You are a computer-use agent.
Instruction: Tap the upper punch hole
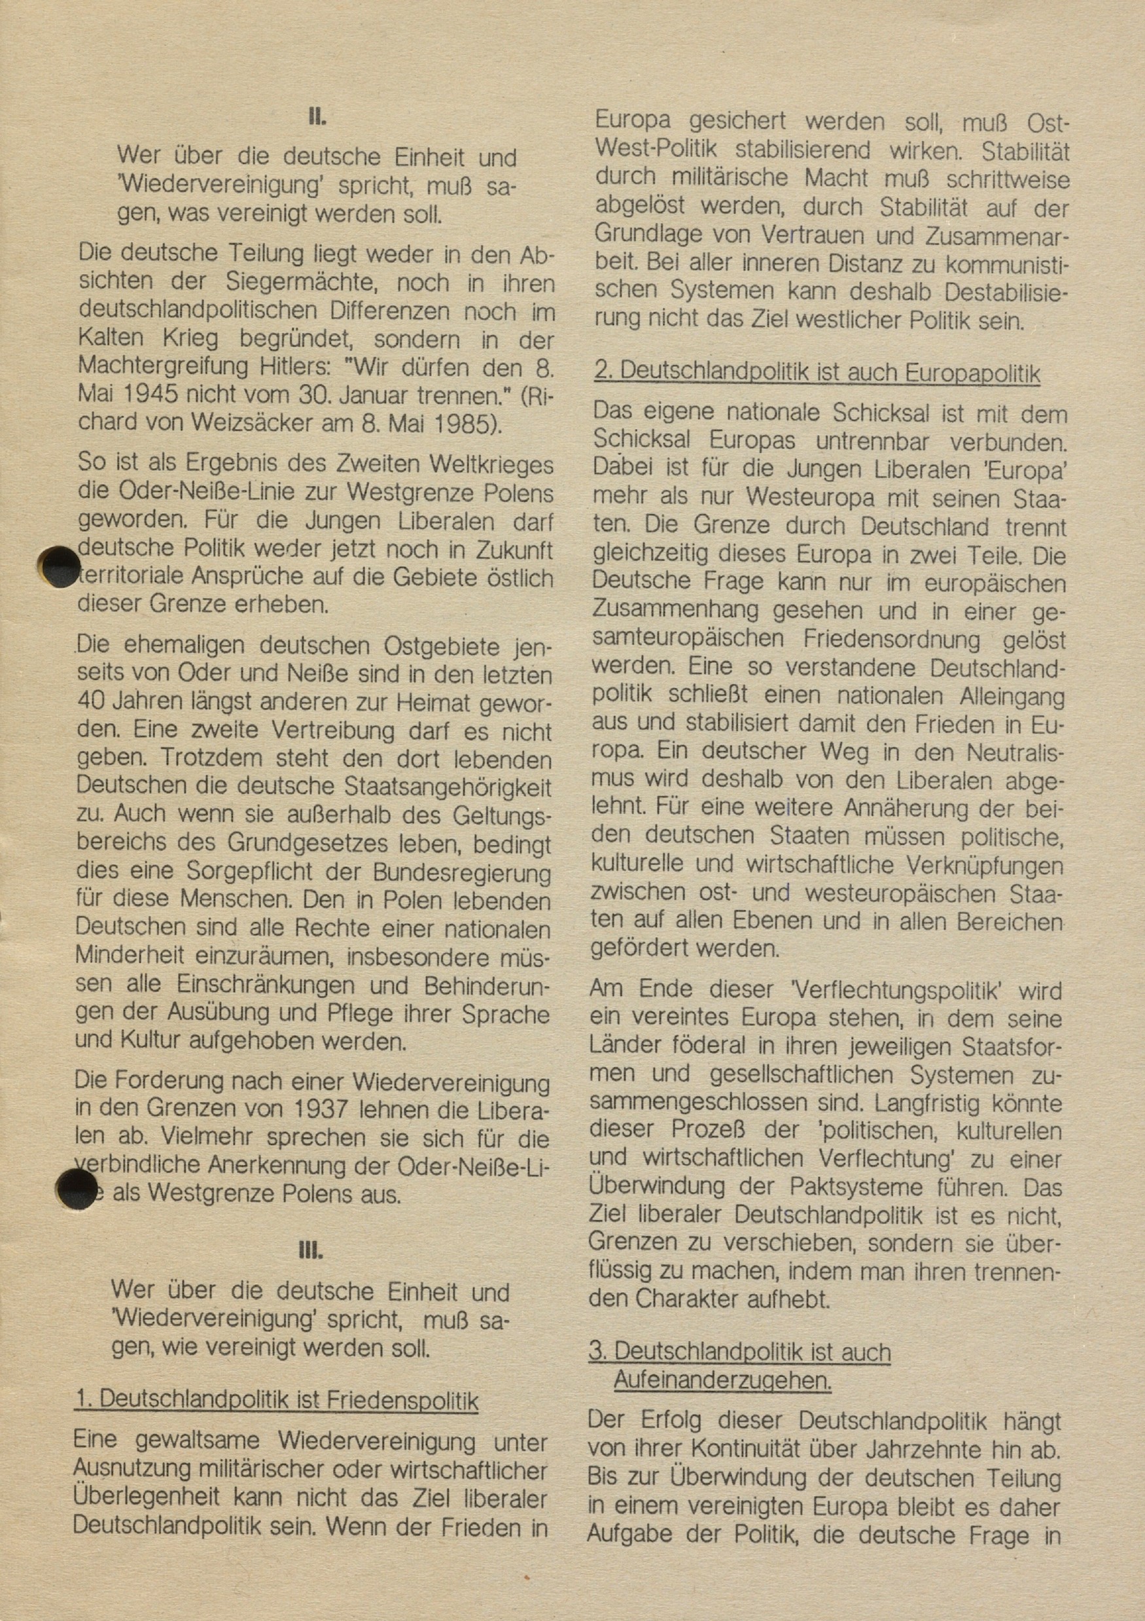point(60,566)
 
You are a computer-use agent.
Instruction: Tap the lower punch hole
point(77,1188)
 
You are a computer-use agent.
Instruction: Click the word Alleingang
point(1011,696)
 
